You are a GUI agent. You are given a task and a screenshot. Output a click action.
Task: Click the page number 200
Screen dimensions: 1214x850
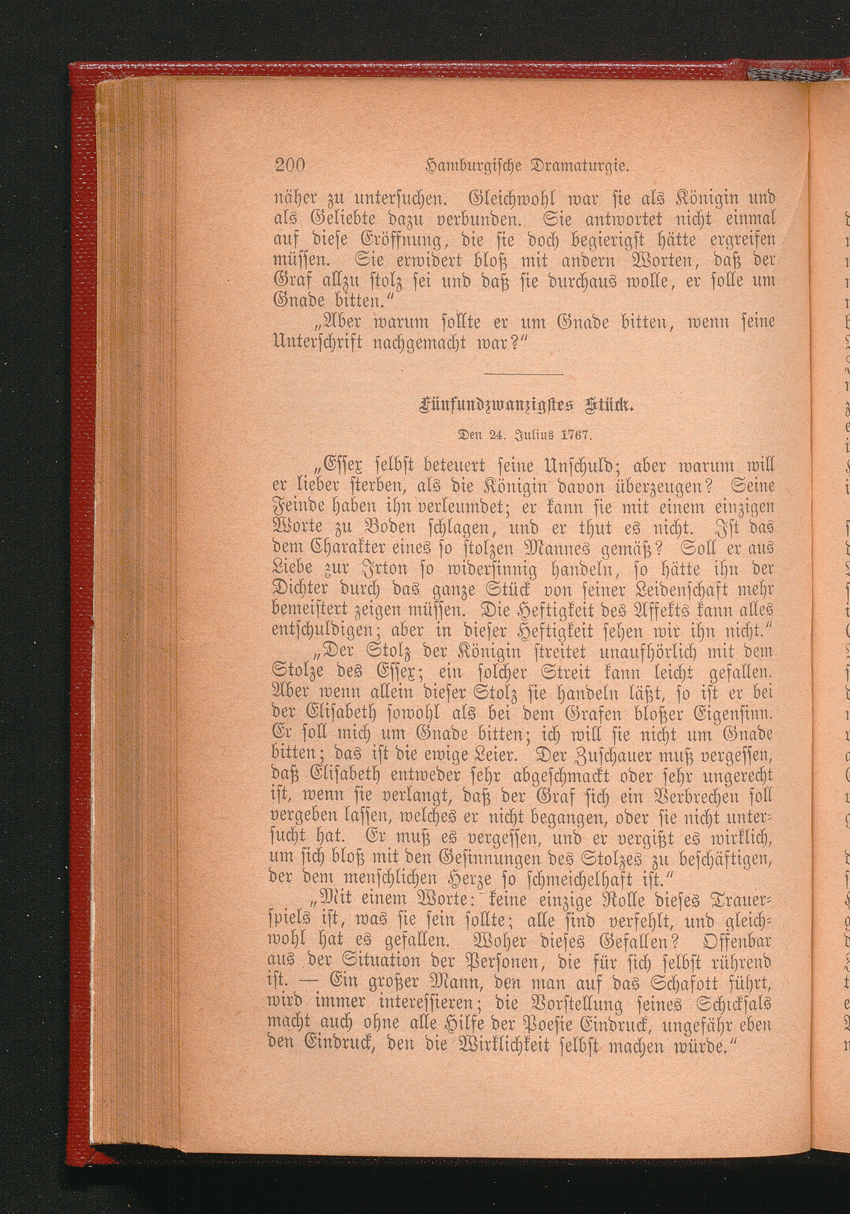[290, 166]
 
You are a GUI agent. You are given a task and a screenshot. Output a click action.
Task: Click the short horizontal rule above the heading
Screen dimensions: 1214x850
[523, 375]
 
